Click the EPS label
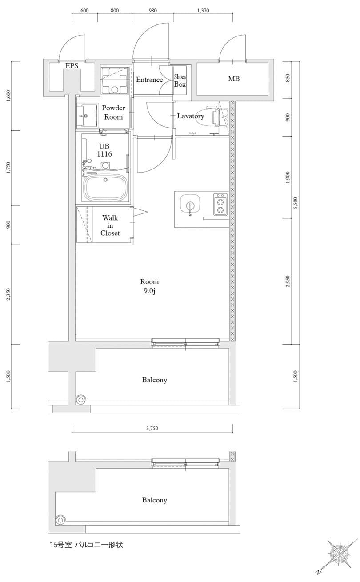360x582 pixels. point(72,66)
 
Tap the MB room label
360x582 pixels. point(234,79)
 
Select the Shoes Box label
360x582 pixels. point(180,80)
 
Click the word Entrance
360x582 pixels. point(149,80)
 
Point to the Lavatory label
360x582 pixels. point(191,116)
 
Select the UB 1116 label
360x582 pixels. point(104,150)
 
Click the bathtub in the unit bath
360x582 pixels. point(106,187)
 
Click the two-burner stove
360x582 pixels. point(221,204)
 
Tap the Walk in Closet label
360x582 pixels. point(110,225)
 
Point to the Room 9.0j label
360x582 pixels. point(149,286)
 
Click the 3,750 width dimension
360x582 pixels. point(152,428)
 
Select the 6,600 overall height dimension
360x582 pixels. point(296,203)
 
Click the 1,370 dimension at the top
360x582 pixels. point(203,11)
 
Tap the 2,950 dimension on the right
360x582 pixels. point(287,281)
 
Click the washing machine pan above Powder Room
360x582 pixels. point(115,80)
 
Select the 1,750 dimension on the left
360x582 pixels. point(9,168)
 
